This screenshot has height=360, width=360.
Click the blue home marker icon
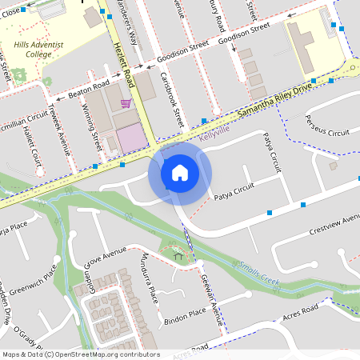(179, 173)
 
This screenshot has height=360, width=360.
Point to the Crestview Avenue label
(334, 225)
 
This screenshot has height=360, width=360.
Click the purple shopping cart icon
(126, 103)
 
